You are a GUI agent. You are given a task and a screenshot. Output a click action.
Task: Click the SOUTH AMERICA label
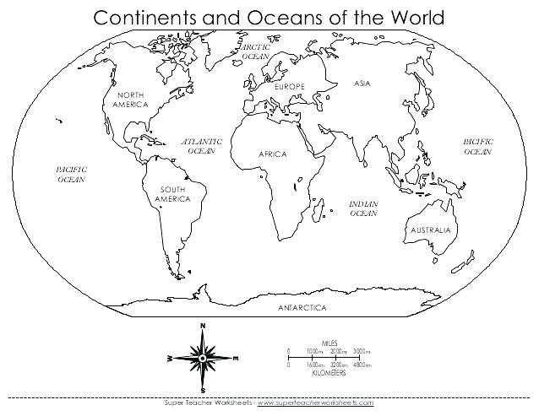click(x=172, y=194)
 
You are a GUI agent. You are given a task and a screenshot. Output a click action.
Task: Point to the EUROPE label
click(x=289, y=88)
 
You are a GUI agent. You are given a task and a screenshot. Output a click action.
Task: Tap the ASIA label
click(x=362, y=84)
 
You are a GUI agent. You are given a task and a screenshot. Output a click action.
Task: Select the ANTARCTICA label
click(x=302, y=309)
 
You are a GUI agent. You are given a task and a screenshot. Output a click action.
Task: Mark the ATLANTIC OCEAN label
click(x=202, y=146)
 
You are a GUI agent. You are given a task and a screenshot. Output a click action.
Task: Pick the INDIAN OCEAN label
click(x=363, y=208)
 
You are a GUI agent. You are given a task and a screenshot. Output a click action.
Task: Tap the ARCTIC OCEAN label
click(x=255, y=52)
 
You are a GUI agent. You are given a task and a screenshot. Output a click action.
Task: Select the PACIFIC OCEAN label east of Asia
click(x=477, y=147)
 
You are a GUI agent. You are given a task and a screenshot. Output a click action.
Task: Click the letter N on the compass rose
click(x=203, y=326)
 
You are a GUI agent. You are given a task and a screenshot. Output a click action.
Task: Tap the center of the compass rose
click(x=203, y=358)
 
